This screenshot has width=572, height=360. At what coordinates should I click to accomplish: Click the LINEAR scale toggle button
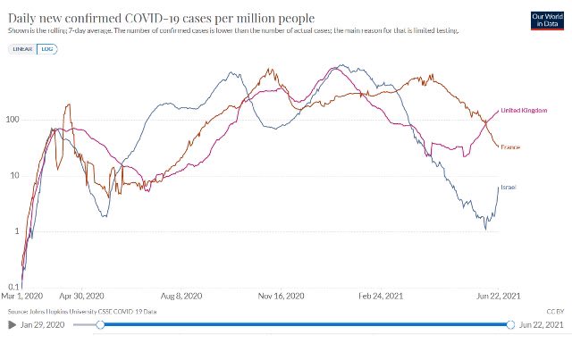(x=24, y=49)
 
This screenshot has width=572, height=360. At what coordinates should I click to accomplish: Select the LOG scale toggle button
(x=46, y=49)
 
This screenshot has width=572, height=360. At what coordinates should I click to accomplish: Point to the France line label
(x=510, y=147)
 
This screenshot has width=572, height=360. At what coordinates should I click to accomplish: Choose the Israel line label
(x=509, y=186)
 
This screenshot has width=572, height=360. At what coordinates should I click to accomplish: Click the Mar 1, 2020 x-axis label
(x=23, y=297)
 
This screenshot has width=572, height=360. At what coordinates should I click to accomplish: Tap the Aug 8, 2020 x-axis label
(x=182, y=297)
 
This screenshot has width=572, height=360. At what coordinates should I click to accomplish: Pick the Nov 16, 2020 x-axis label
(x=281, y=297)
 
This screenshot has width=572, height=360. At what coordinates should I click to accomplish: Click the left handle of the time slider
(x=100, y=326)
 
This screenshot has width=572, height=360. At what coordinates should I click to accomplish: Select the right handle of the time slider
(x=510, y=326)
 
